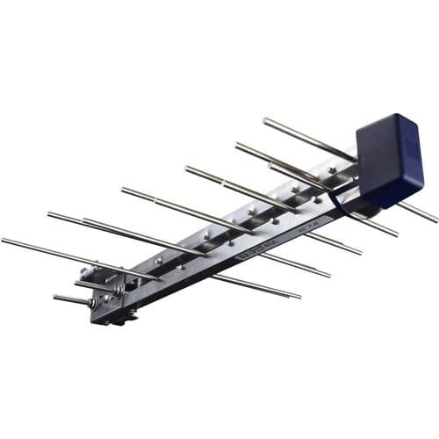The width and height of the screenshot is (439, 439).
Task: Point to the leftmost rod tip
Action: (4, 240)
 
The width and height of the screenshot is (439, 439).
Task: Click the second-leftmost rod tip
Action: (50, 213)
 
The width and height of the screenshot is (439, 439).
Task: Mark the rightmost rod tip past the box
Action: (435, 219)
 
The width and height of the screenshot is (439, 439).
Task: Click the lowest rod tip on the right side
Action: (299, 296)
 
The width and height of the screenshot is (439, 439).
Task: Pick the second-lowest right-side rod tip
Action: (328, 275)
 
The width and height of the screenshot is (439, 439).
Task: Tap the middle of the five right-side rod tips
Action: (359, 253)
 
